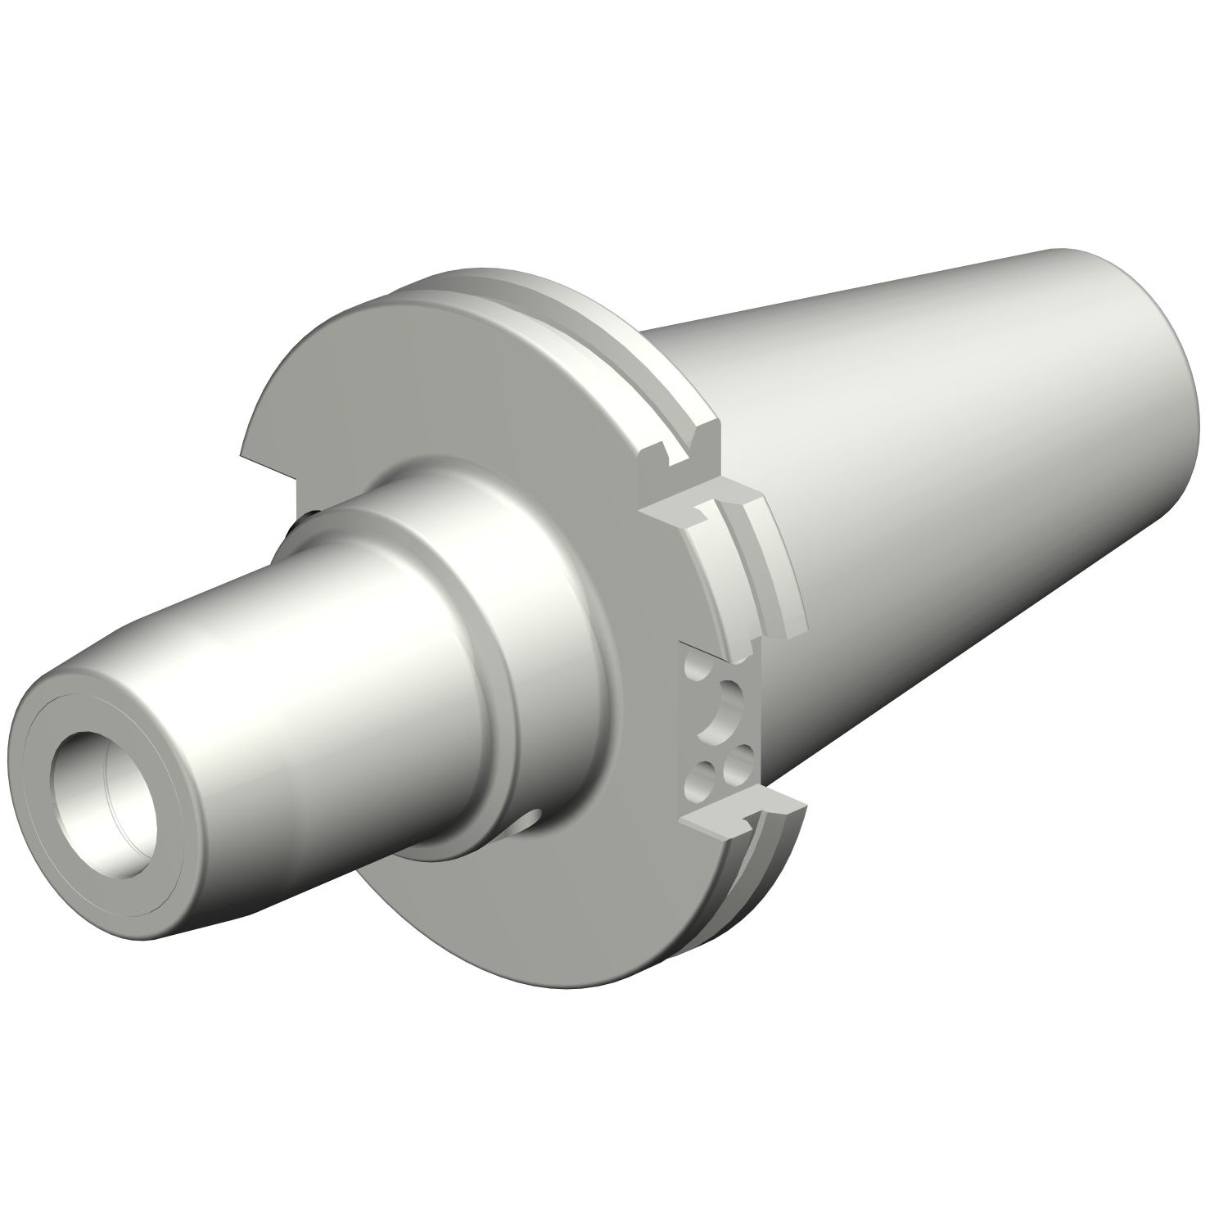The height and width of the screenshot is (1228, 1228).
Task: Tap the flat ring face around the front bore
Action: coord(61,737)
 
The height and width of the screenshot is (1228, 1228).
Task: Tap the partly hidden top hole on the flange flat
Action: coord(694,672)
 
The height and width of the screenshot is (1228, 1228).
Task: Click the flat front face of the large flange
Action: coord(409,385)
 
